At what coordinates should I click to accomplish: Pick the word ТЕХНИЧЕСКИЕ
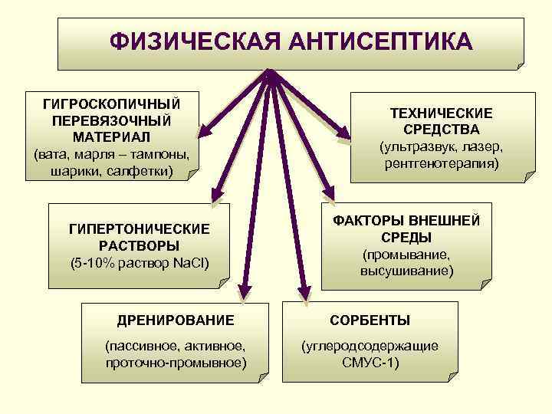point(441,113)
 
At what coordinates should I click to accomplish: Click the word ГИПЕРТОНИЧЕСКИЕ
point(139,229)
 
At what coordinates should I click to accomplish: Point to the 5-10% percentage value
point(92,263)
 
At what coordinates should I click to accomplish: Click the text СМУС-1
point(370,362)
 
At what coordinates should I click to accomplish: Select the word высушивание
point(406,271)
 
